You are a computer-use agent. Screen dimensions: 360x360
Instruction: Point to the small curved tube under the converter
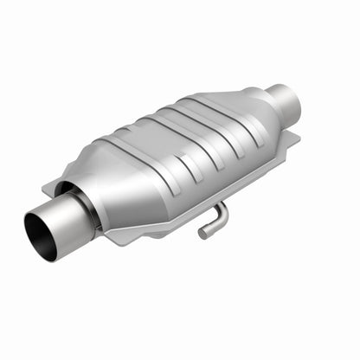point(212,220)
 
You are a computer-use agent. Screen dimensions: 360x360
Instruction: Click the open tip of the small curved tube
point(202,233)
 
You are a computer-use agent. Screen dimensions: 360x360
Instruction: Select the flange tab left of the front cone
point(54,185)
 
